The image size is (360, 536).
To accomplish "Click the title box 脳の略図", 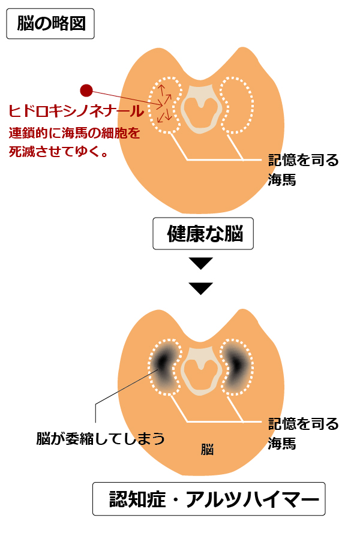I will click(x=50, y=24).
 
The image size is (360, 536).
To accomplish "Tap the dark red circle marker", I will click(x=86, y=91).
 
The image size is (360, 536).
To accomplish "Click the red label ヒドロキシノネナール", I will click(x=76, y=112).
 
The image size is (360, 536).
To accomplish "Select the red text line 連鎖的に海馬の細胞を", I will click(x=74, y=133).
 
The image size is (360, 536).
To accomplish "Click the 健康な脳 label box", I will click(x=203, y=234).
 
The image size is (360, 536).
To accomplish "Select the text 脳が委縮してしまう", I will click(x=100, y=438).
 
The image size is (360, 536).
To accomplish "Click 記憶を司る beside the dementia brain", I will click(x=303, y=424).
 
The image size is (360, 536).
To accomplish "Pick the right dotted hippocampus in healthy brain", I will click(x=235, y=105).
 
